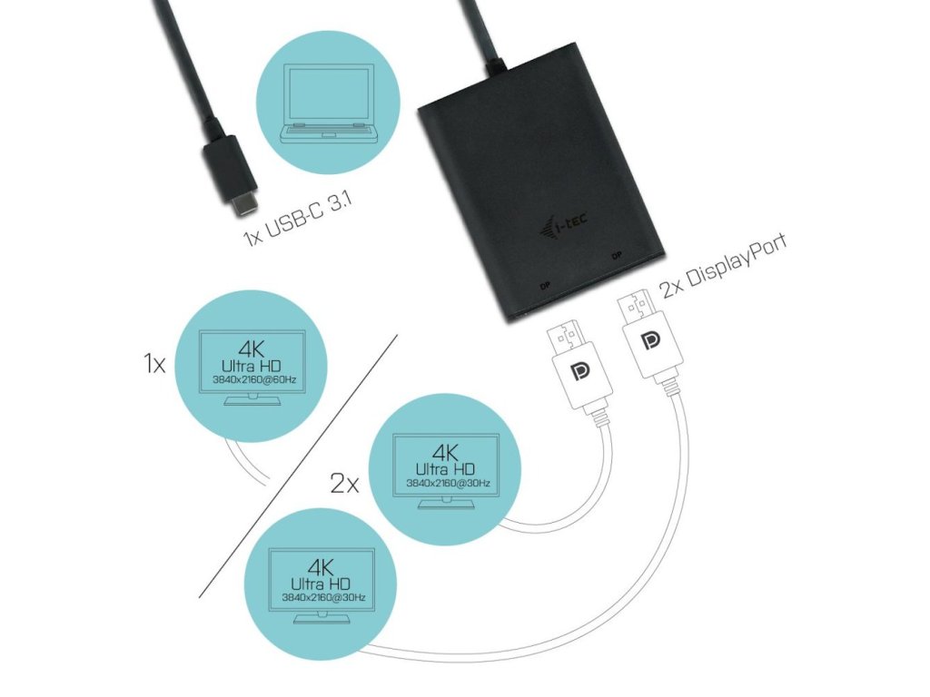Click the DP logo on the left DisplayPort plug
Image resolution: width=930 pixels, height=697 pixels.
(574, 374)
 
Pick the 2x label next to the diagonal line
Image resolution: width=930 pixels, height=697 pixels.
(344, 483)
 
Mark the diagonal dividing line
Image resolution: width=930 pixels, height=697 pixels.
(300, 463)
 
